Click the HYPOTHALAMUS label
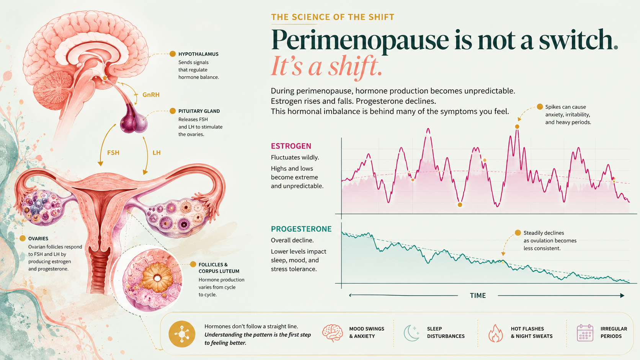click(198, 54)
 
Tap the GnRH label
click(151, 95)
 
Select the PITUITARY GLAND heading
click(199, 111)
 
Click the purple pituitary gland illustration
click(134, 119)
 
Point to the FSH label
click(113, 153)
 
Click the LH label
click(157, 153)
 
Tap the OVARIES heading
click(38, 238)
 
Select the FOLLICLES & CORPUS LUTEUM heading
click(219, 268)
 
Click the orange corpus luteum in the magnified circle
click(157, 277)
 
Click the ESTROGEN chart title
click(291, 146)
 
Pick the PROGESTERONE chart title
click(301, 229)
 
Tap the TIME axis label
click(478, 295)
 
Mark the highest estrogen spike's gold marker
click(517, 127)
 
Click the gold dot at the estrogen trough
click(460, 205)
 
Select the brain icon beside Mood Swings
click(333, 333)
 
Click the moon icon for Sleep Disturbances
click(411, 333)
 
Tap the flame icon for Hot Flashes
click(496, 333)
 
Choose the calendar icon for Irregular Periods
click(585, 333)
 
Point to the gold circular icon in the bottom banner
click(182, 334)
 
